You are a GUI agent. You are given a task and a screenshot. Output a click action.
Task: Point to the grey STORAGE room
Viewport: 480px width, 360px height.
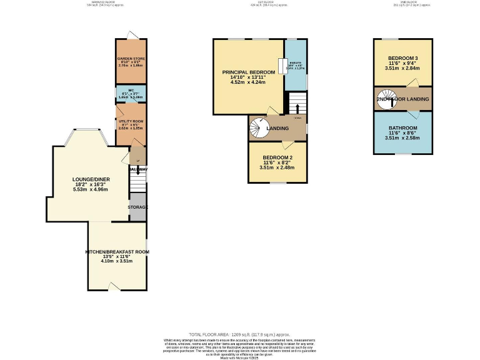point(137,207)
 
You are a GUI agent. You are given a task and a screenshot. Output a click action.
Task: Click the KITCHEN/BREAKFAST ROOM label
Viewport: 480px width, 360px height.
point(117,252)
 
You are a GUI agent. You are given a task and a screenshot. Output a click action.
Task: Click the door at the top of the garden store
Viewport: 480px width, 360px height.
point(129,36)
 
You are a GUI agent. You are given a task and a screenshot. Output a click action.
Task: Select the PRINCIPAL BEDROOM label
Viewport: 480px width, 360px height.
point(249,72)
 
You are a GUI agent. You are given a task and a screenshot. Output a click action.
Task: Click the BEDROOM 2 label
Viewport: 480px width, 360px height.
point(278,157)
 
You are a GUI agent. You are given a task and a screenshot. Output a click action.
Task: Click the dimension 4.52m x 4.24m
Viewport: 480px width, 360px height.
point(249,82)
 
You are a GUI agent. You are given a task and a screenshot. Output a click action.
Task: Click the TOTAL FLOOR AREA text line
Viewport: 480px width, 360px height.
point(240,335)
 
